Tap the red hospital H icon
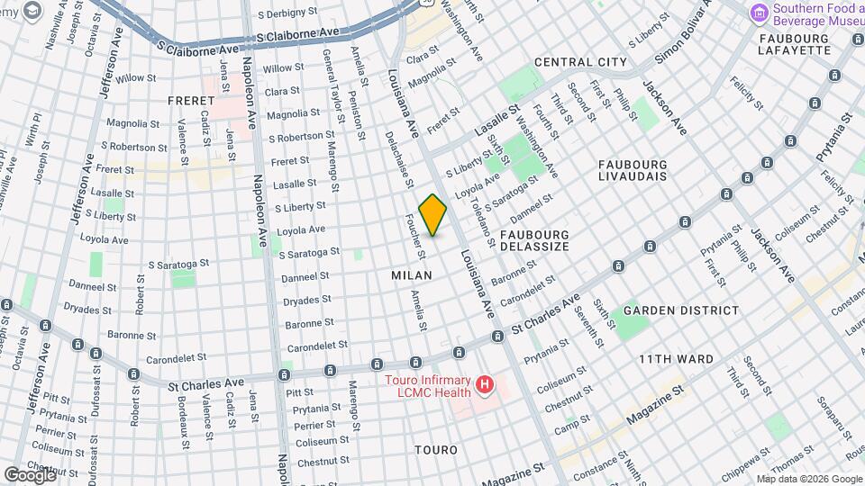(x=486, y=386)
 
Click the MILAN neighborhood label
(x=412, y=274)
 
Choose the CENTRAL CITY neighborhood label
(x=580, y=62)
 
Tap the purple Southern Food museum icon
(x=760, y=13)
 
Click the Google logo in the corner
(x=30, y=474)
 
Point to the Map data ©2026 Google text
(x=808, y=479)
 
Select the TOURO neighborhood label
(x=435, y=449)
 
